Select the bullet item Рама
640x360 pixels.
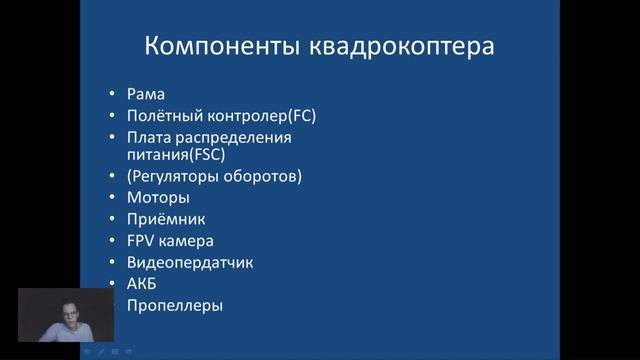(145, 95)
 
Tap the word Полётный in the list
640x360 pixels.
(159, 116)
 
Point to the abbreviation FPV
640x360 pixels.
(141, 241)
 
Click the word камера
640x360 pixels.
(186, 241)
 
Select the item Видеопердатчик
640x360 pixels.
(190, 262)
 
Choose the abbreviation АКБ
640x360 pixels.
(142, 284)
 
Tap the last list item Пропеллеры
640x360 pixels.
(174, 305)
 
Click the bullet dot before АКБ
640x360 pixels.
(113, 284)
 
